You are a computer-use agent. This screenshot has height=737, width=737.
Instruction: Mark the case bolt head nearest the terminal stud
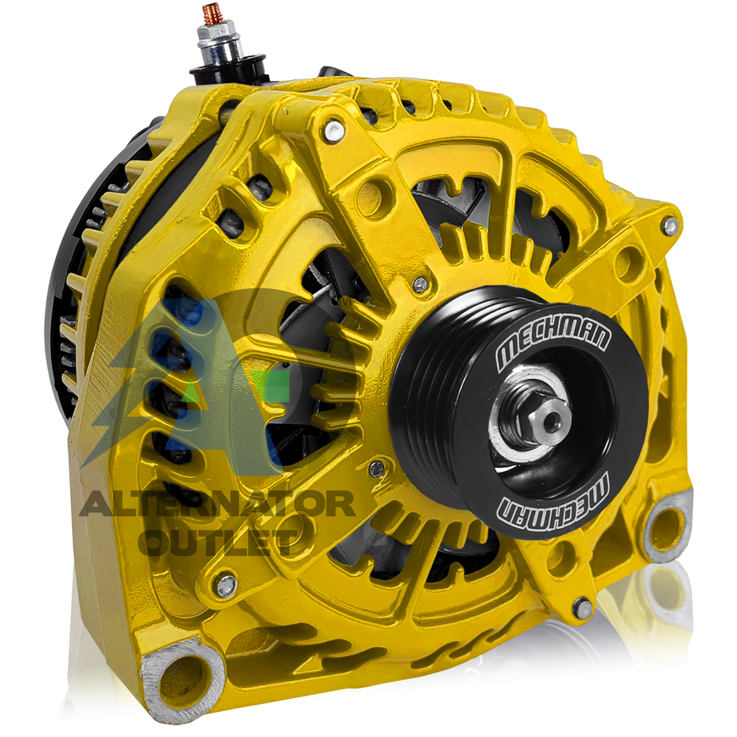tap(334, 127)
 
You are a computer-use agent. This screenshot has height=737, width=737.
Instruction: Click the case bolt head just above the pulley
tap(420, 284)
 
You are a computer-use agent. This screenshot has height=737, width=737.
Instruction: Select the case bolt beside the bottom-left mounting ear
tap(226, 584)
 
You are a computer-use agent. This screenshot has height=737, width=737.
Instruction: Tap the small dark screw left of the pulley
tap(376, 468)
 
